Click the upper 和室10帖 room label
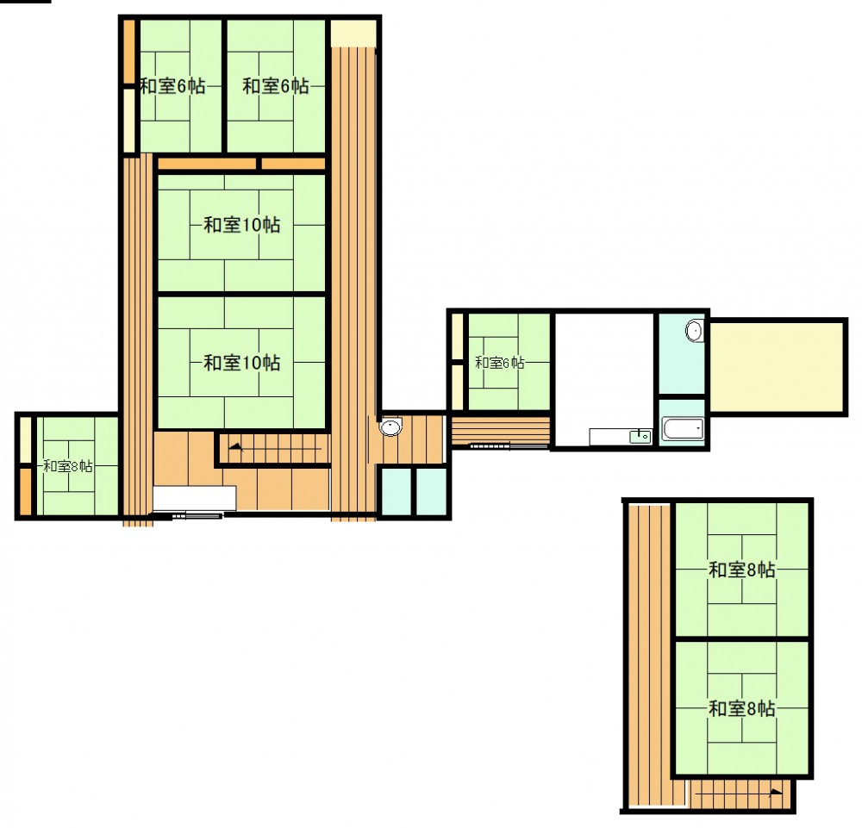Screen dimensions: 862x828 (x=242, y=225)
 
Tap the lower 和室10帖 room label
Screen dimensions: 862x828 (x=242, y=363)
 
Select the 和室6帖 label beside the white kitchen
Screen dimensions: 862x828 (x=500, y=363)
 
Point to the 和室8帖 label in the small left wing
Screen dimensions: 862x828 (x=68, y=466)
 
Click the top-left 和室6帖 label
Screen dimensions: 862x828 (x=172, y=86)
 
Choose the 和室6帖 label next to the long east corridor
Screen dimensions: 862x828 (x=276, y=86)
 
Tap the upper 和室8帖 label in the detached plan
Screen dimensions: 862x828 (x=742, y=570)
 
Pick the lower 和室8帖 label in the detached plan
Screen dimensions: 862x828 (x=742, y=709)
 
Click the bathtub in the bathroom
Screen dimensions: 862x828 (x=683, y=429)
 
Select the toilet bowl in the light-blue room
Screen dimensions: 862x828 (x=694, y=331)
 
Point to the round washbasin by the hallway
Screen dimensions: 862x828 (x=390, y=426)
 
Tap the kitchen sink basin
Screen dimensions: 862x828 (x=640, y=437)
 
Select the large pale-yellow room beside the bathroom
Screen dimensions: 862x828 (x=777, y=366)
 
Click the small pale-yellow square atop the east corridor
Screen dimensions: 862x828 (x=353, y=34)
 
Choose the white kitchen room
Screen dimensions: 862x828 (x=604, y=380)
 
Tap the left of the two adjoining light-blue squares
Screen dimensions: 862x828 (x=397, y=492)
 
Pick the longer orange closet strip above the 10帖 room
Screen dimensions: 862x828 (x=207, y=164)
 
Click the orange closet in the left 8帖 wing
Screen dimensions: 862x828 (x=26, y=491)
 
